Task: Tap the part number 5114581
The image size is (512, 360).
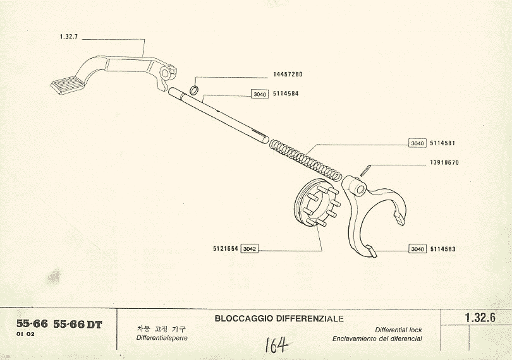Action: [x=442, y=143]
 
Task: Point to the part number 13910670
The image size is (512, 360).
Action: [x=444, y=162]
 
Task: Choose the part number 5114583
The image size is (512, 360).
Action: [x=442, y=249]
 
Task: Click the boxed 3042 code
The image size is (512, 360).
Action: [x=250, y=249]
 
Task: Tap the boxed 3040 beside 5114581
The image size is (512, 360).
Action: [x=417, y=143]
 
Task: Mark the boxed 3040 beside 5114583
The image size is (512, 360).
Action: [x=417, y=249]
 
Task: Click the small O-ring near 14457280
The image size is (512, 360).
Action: [x=196, y=90]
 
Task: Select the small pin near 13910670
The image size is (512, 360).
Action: [x=365, y=171]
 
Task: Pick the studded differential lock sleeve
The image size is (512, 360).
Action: [x=319, y=203]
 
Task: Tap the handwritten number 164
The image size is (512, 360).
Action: [x=276, y=345]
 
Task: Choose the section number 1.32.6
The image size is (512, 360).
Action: [x=478, y=318]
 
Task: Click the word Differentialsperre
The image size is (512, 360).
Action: [x=162, y=338]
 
